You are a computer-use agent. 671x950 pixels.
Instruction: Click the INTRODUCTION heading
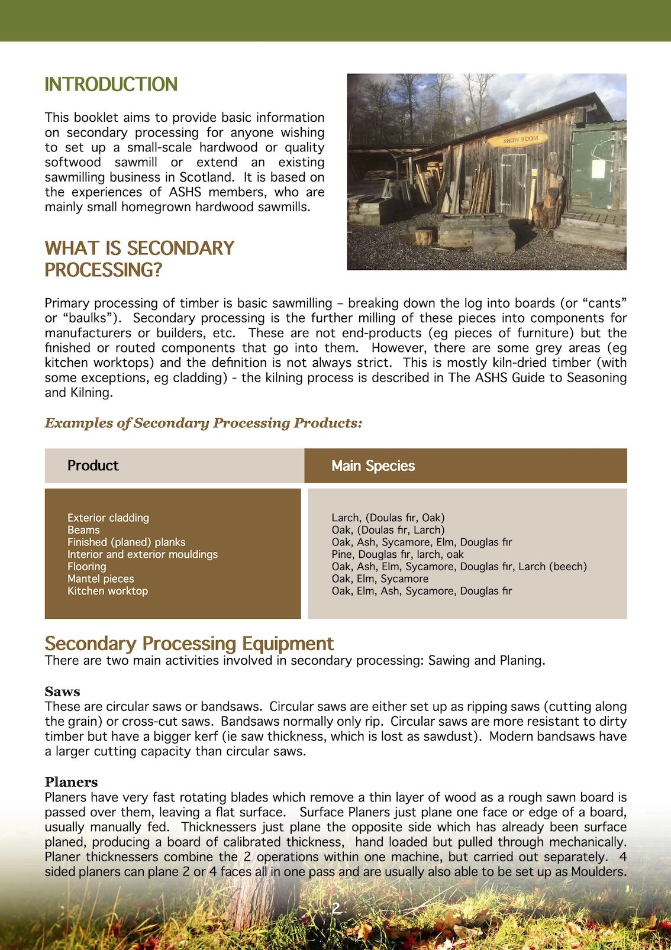coord(111,84)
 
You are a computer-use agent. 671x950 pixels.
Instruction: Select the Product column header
coord(93,466)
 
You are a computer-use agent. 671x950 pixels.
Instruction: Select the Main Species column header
coord(373,466)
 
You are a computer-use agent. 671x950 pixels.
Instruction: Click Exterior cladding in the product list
coord(108,518)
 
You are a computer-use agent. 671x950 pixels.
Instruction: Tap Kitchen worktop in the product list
coord(108,591)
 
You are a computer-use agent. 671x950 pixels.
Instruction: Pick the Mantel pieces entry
coord(101,579)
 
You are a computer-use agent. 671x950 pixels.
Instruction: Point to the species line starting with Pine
coord(397,554)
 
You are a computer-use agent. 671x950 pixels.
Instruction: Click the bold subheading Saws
coord(62,692)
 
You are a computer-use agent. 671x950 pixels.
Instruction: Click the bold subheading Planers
coord(71,782)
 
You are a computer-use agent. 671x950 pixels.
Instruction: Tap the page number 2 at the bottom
coord(335,908)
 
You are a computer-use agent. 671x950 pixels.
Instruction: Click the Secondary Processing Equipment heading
coord(189,643)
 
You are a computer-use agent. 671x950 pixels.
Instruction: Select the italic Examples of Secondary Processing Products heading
coord(203,423)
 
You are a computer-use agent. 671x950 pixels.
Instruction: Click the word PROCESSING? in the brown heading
coord(103,270)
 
